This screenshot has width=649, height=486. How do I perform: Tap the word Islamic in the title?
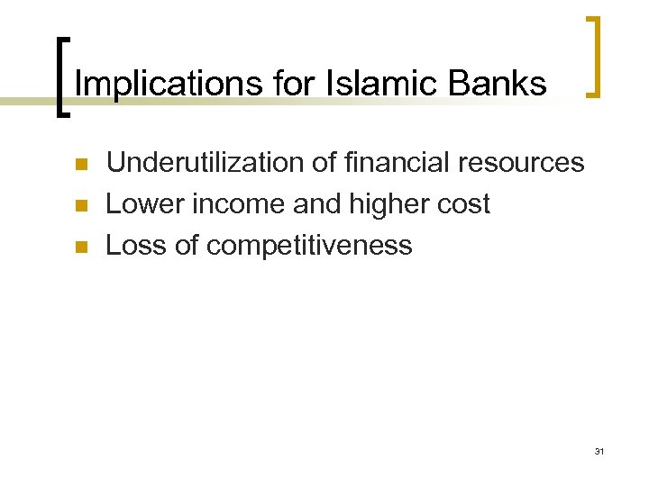tap(356, 84)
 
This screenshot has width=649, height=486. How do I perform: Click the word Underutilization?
tap(198, 163)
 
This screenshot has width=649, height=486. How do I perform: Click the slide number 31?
tap(599, 451)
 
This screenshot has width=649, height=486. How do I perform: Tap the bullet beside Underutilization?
tap(79, 165)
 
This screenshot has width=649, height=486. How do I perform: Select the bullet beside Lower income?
tap(79, 206)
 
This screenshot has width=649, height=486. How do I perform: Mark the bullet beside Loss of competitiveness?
tap(79, 247)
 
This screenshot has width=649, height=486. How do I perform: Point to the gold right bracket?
tap(594, 55)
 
